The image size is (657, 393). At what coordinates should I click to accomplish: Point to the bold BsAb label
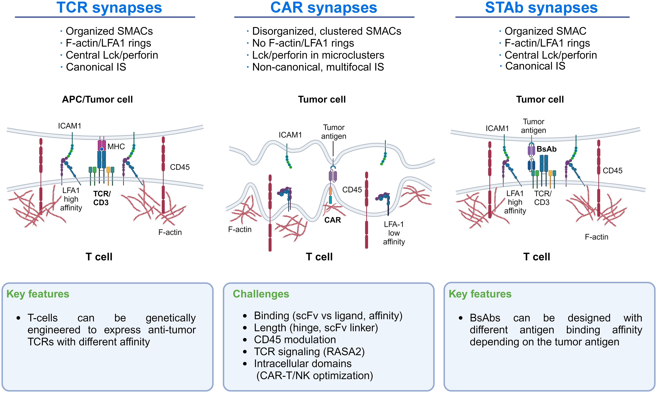click(x=546, y=149)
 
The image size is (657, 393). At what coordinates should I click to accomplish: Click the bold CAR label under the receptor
click(x=332, y=220)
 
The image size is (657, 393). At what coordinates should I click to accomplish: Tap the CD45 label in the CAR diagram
click(x=352, y=190)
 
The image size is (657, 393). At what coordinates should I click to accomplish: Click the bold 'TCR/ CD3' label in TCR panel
click(x=102, y=198)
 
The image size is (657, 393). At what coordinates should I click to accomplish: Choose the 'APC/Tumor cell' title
click(x=97, y=100)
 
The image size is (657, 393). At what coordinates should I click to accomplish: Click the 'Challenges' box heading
click(x=261, y=294)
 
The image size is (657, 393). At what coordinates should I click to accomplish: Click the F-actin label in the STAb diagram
click(x=597, y=237)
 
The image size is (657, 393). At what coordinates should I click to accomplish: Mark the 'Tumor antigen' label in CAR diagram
click(x=334, y=132)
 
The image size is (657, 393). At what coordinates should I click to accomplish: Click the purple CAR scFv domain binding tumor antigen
click(x=333, y=176)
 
